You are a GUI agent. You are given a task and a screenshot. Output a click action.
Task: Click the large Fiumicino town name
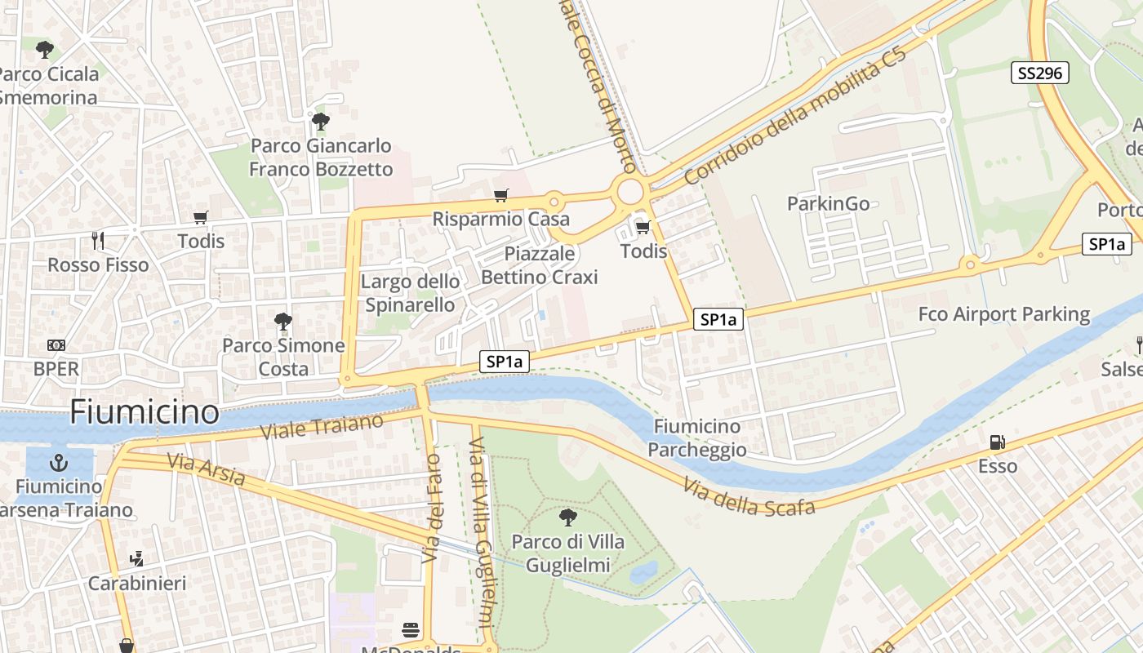coord(144,411)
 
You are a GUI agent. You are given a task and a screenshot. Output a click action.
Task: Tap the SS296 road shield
coord(1039,73)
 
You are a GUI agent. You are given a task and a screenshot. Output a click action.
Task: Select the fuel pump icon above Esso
coord(997,442)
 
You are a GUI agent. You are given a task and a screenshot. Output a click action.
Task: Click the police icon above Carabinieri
coord(136,559)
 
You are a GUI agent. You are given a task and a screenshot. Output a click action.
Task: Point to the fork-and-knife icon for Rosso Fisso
coord(98,240)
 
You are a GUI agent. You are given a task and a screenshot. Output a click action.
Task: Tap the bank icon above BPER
coord(56,344)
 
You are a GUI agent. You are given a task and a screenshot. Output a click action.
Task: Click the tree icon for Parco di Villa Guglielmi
coord(567,517)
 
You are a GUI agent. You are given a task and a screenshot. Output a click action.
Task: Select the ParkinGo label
coord(828,203)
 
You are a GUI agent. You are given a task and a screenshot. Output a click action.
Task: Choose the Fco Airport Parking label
coord(1003,314)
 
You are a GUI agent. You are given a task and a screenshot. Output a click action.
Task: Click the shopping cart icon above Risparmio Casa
coord(500,195)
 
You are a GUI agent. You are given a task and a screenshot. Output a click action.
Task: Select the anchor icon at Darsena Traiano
coord(58,463)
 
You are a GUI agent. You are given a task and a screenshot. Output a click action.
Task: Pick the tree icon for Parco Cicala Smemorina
coord(45,50)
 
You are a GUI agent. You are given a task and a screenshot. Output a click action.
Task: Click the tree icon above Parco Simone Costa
coord(283,321)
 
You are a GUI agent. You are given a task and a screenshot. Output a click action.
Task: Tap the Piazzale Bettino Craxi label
coord(539,265)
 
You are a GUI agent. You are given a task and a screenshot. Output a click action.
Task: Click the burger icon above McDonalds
coord(411,630)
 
